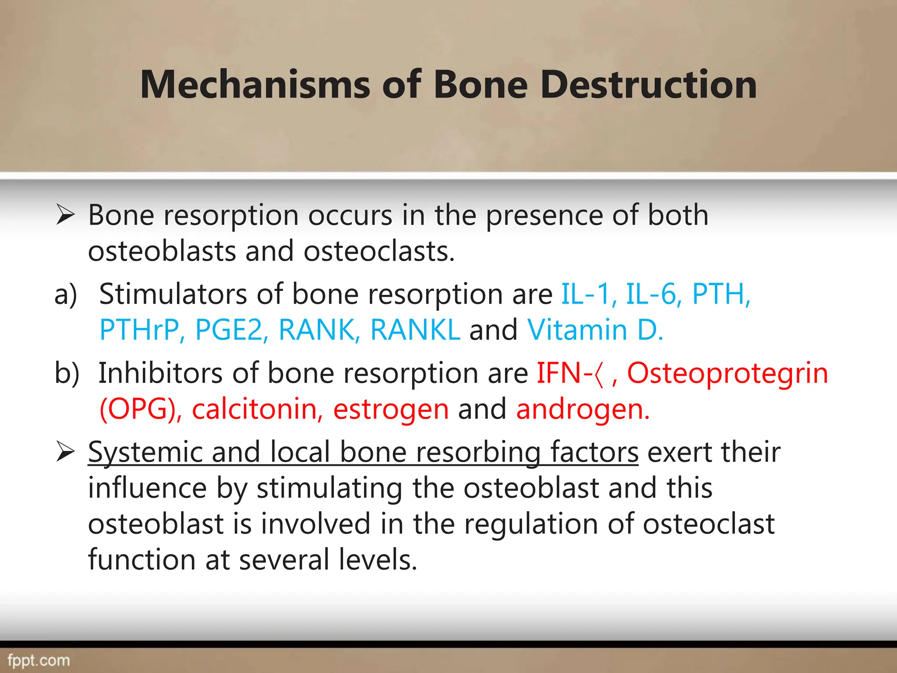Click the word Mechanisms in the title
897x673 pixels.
(x=256, y=85)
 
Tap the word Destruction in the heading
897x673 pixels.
(x=648, y=85)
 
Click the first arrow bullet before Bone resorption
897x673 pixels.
(x=66, y=216)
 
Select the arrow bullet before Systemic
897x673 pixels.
(x=66, y=452)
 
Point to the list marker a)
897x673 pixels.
(x=66, y=294)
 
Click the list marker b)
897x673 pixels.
(x=67, y=373)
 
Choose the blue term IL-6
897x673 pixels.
(x=653, y=294)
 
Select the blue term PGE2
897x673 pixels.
(x=230, y=330)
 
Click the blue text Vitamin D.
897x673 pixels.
(x=595, y=330)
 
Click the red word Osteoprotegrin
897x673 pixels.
(x=727, y=373)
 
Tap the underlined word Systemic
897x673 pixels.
(x=145, y=452)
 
